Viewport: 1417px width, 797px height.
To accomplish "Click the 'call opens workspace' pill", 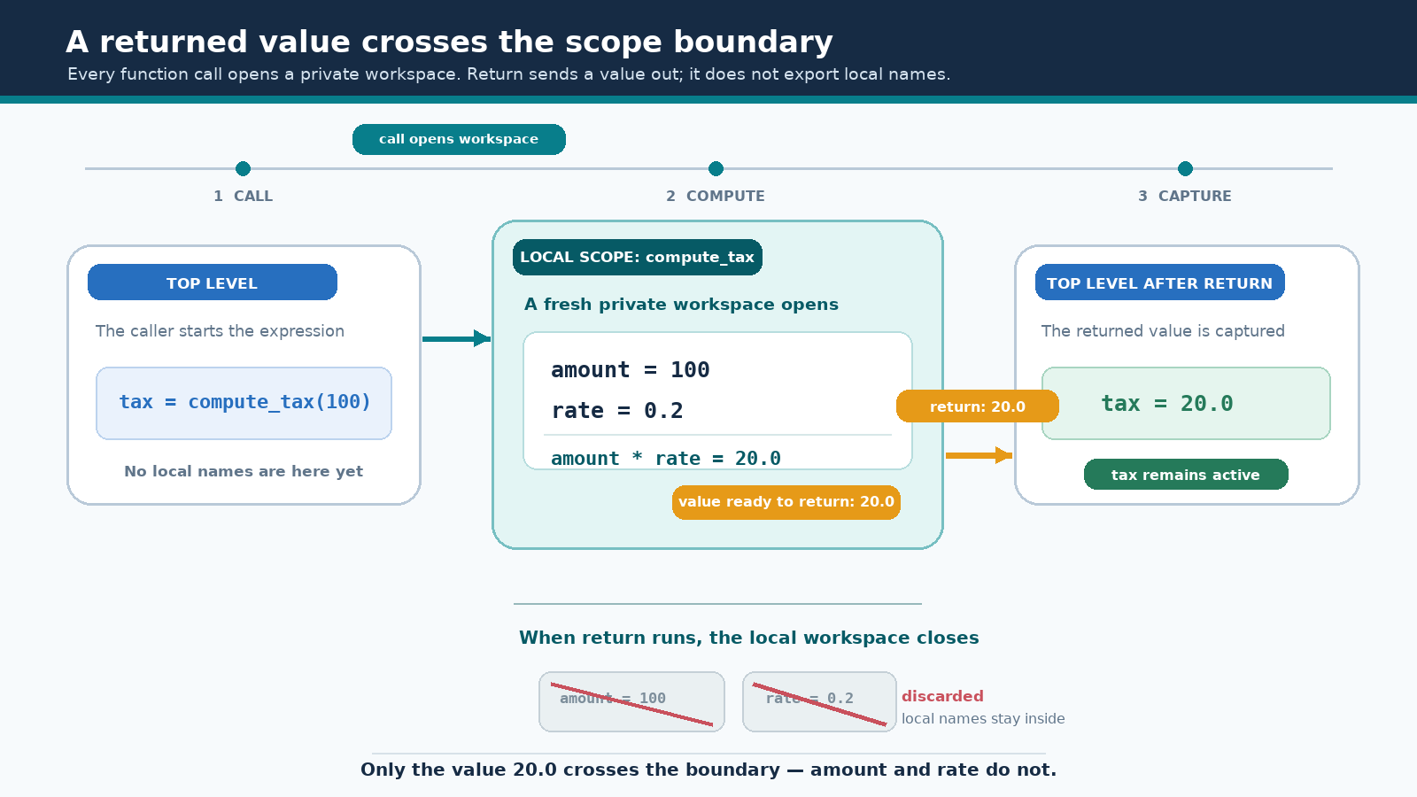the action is [x=459, y=139].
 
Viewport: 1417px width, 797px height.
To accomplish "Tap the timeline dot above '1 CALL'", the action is [x=243, y=169].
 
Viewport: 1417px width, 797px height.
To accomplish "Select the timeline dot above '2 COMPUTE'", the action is [x=716, y=169].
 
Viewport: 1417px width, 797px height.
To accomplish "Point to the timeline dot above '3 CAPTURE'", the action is [x=1185, y=169].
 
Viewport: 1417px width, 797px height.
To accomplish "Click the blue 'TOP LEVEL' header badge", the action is [x=212, y=282].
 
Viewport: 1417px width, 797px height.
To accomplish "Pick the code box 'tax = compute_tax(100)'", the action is [x=244, y=403].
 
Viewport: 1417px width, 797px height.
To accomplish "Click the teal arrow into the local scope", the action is [x=456, y=338].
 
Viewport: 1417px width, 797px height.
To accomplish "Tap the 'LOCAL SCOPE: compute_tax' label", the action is [x=637, y=257].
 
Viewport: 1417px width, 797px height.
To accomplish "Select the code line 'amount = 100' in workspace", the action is [x=630, y=369].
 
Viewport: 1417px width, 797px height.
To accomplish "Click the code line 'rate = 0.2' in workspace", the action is [x=616, y=411].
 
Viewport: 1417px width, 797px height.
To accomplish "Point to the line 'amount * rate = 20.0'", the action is [x=665, y=458].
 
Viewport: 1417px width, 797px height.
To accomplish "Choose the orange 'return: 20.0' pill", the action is [x=978, y=406].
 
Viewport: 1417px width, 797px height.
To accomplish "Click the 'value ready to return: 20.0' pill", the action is [x=786, y=502].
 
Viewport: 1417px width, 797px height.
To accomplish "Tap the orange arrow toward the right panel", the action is [x=979, y=455].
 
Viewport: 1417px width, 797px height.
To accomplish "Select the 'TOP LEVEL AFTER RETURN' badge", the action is [x=1159, y=282].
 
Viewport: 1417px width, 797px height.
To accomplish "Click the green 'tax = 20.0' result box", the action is [x=1186, y=403].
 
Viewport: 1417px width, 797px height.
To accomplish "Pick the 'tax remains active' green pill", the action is [x=1186, y=475].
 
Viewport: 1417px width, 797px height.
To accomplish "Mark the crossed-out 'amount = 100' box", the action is [x=631, y=701].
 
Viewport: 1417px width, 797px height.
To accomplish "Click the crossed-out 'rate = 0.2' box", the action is [x=819, y=701].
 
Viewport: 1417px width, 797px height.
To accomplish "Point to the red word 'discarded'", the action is [x=942, y=696].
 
